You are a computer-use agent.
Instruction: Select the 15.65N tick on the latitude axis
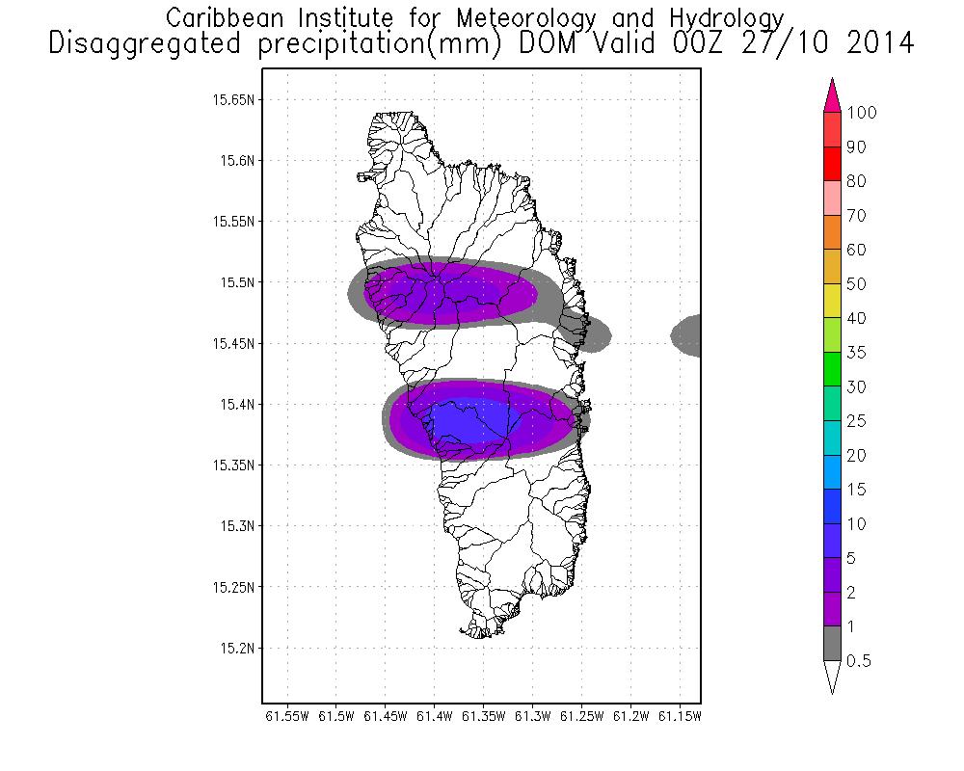coord(231,99)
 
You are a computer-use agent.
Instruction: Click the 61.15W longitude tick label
coord(680,717)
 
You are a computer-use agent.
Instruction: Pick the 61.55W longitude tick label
coord(286,717)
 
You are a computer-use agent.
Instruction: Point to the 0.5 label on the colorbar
coord(859,661)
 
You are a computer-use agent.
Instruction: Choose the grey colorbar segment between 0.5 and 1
coord(833,644)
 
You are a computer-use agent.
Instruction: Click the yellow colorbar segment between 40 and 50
coord(833,301)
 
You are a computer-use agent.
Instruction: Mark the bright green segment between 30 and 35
coord(833,369)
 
